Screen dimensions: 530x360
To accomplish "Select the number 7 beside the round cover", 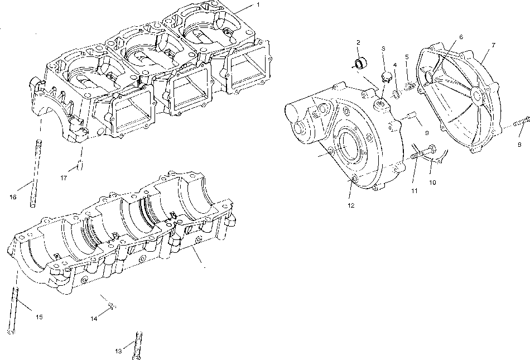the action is point(493,44).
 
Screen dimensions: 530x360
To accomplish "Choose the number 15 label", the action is point(39,317).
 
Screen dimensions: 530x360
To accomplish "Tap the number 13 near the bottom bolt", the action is point(118,351).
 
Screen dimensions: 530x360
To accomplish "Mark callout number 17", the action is point(64,177).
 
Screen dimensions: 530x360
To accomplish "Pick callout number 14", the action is point(94,318).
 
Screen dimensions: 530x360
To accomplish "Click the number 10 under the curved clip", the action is point(433,182).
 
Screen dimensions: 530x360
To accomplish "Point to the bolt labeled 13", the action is point(138,343).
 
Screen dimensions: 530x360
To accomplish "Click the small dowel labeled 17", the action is point(80,165).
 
